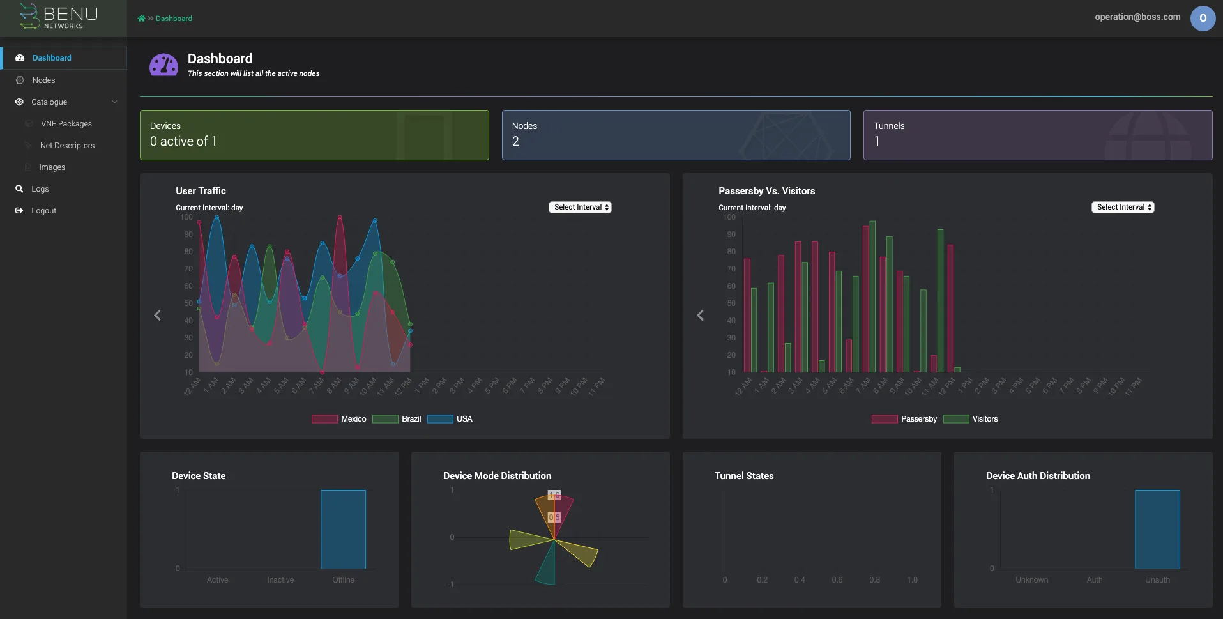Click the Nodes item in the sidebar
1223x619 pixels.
(x=43, y=80)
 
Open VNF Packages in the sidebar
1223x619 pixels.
(x=66, y=124)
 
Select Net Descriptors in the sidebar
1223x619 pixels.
(x=67, y=146)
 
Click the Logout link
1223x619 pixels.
(x=43, y=211)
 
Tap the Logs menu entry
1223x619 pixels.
(x=40, y=189)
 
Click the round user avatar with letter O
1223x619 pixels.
(x=1202, y=19)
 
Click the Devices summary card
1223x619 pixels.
(x=314, y=135)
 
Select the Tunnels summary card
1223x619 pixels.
(x=1037, y=135)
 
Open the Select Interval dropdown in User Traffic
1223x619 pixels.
(x=580, y=208)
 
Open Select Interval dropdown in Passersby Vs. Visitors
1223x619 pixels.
(x=1122, y=208)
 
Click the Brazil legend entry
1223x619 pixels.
(x=397, y=419)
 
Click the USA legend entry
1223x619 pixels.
(x=450, y=419)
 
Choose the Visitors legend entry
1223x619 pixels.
(x=971, y=419)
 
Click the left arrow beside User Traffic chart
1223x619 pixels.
(x=158, y=316)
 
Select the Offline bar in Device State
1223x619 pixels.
(x=343, y=530)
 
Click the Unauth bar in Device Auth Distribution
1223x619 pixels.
(x=1157, y=530)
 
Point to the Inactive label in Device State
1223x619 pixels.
(x=280, y=580)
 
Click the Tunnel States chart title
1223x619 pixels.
(x=743, y=476)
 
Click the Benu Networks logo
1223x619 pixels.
(x=59, y=17)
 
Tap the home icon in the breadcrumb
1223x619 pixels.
(x=141, y=19)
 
